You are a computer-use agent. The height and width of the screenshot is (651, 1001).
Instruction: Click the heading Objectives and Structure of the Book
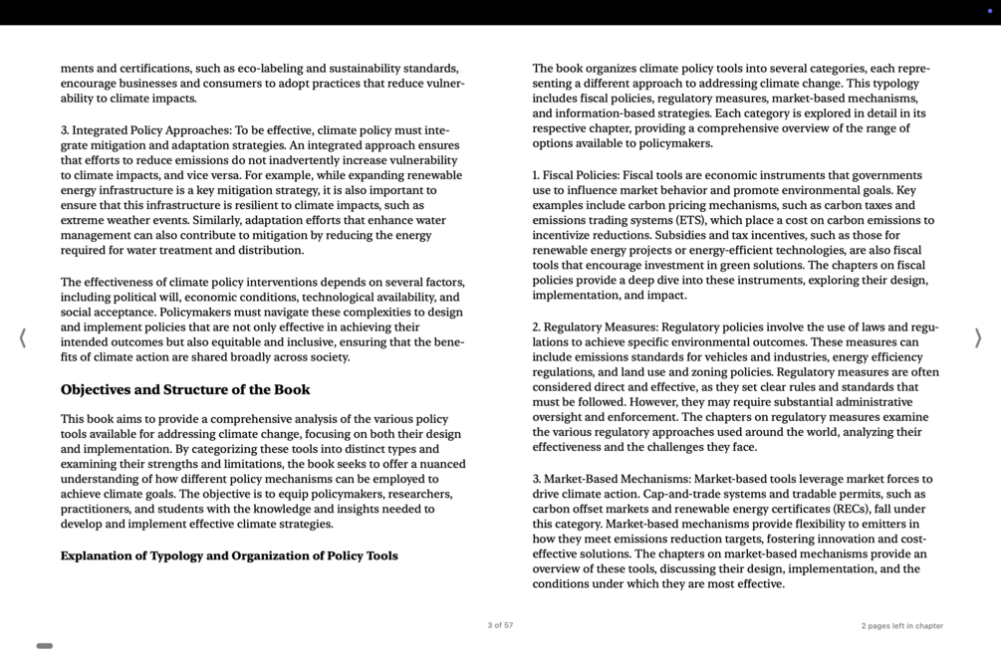185,390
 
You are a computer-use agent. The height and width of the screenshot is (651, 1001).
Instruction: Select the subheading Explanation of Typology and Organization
229,556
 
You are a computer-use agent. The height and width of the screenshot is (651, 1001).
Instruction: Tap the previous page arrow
23,338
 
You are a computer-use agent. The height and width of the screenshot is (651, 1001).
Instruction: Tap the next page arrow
977,338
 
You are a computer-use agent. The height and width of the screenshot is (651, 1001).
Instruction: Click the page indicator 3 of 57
500,626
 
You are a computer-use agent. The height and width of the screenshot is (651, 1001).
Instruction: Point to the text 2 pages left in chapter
901,626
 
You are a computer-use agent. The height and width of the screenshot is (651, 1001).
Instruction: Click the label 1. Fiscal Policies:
575,176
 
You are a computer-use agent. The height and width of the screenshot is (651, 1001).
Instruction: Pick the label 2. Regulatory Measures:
595,327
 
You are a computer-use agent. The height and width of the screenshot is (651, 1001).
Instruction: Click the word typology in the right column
889,84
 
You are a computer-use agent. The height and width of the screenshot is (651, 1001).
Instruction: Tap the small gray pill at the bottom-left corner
45,646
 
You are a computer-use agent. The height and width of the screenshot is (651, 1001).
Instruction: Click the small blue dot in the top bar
990,11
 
